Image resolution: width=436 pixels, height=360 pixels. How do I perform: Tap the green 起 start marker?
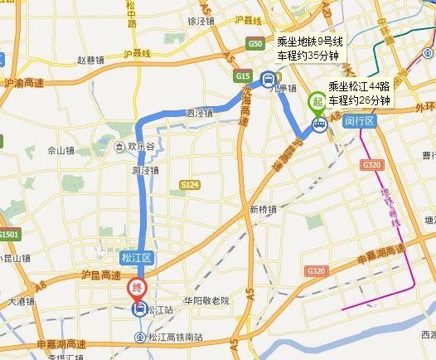[x=317, y=103]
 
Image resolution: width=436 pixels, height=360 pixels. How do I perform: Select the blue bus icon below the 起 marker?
[x=318, y=124]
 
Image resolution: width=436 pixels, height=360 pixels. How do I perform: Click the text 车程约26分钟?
[x=359, y=100]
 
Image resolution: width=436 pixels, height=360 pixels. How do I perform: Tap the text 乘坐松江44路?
[x=360, y=86]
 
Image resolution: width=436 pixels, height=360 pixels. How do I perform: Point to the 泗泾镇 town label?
[x=200, y=112]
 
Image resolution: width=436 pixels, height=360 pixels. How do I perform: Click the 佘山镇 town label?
[x=62, y=151]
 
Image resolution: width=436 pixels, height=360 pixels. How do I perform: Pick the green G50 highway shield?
[x=254, y=44]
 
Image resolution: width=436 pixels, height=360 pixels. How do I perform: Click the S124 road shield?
[x=191, y=187]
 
